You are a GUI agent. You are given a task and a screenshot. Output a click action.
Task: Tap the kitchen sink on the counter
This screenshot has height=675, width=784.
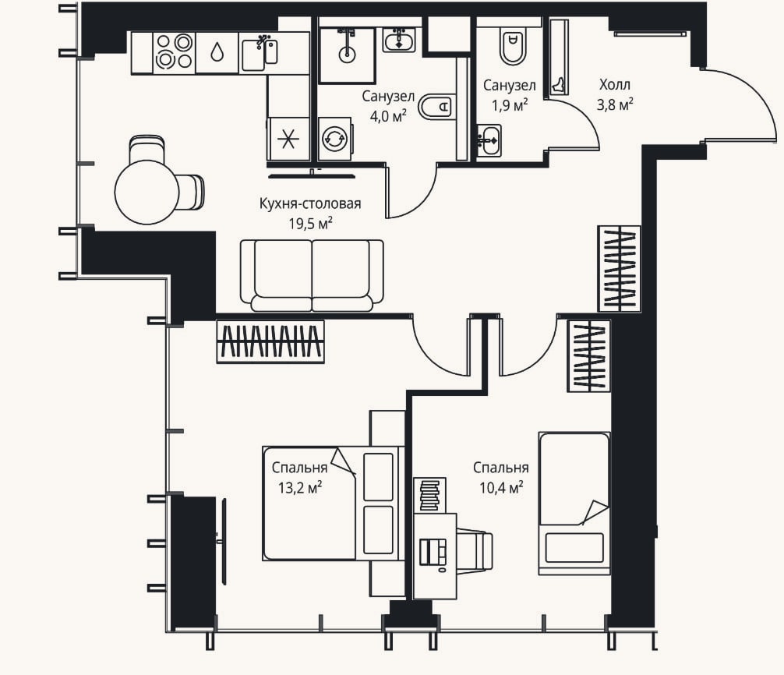pos(260,52)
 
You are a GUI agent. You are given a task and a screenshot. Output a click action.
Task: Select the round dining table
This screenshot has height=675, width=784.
pos(147,192)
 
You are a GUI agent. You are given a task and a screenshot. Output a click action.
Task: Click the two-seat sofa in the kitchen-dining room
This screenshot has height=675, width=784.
pos(312,275)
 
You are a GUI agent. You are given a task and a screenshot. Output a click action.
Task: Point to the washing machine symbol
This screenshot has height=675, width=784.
pos(334,139)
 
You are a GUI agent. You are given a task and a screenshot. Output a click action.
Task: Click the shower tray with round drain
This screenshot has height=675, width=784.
pos(347,55)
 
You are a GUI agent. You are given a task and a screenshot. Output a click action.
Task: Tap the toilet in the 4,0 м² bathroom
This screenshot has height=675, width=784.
pos(436,106)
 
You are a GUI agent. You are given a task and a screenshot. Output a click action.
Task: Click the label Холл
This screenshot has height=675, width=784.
pos(615,84)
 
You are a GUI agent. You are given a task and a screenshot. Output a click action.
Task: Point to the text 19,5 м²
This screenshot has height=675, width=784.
pos(310,223)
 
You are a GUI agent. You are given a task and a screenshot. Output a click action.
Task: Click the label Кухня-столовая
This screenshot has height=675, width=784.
pos(310,203)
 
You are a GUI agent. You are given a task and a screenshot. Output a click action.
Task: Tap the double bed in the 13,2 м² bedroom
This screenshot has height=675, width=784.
pos(334,503)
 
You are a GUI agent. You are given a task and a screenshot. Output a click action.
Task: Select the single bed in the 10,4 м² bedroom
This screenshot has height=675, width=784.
pos(574,504)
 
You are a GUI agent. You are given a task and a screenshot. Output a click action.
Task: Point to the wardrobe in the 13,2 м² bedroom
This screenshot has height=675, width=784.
pos(270,341)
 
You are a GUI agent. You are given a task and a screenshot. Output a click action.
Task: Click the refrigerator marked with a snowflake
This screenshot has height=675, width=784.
pos(288,139)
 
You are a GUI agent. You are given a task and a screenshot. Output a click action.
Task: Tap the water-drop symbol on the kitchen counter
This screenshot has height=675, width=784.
pos(217,51)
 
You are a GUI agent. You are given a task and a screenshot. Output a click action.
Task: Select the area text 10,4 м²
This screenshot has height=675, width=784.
pos(501,487)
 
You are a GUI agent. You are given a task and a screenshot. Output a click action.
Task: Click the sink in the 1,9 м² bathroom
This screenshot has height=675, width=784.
pos(488,140)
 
